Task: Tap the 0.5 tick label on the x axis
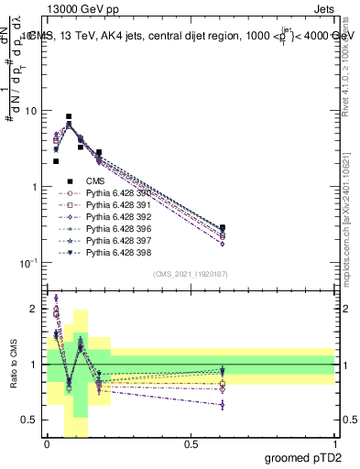[191, 444]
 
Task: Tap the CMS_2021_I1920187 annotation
[191, 274]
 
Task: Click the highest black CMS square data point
[69, 117]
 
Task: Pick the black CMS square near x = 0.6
[223, 227]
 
